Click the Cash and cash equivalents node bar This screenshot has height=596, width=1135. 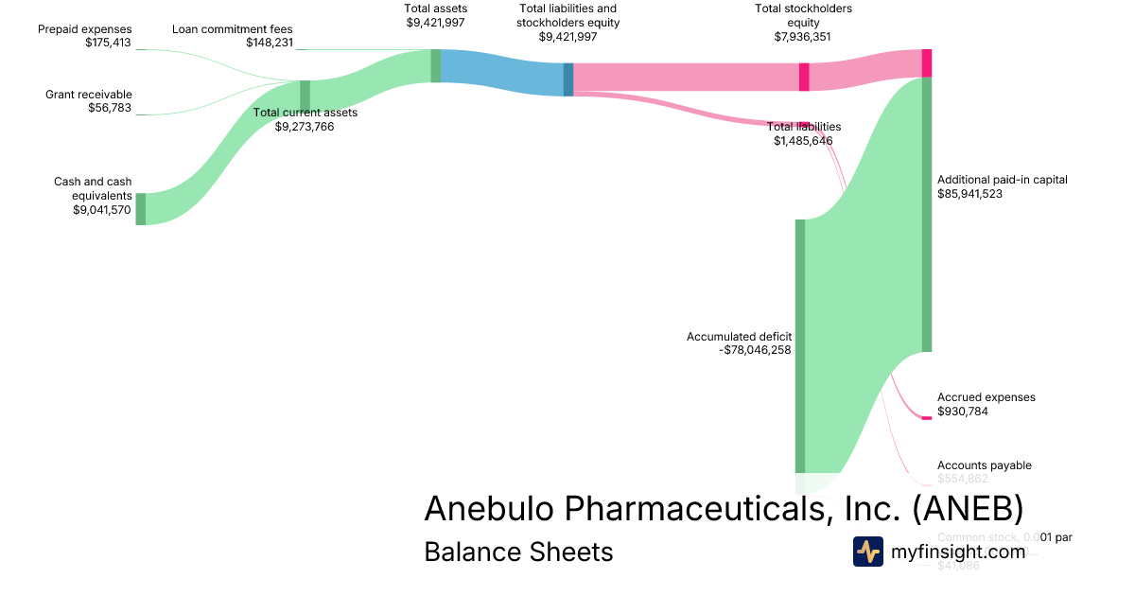[x=141, y=209]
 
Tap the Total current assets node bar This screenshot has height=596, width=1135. [x=305, y=96]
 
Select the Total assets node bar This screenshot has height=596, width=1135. [x=435, y=66]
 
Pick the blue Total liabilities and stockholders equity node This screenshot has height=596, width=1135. [x=568, y=79]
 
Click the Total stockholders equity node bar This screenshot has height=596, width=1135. [x=804, y=77]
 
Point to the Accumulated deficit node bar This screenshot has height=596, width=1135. [x=800, y=345]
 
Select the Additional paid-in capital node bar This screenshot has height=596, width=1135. [x=927, y=215]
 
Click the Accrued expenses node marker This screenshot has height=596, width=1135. [x=927, y=418]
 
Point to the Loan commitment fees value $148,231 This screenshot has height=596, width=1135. [x=269, y=43]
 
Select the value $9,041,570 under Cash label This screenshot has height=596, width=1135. [x=102, y=210]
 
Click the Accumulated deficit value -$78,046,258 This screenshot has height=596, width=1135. [x=755, y=350]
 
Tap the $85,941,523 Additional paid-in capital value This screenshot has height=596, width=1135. [x=969, y=194]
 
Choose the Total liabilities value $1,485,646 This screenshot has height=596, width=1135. [x=803, y=141]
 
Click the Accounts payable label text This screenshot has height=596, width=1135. [x=984, y=465]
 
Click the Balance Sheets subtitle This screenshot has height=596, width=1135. [x=518, y=552]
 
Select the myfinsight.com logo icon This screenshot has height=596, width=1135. [x=868, y=552]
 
